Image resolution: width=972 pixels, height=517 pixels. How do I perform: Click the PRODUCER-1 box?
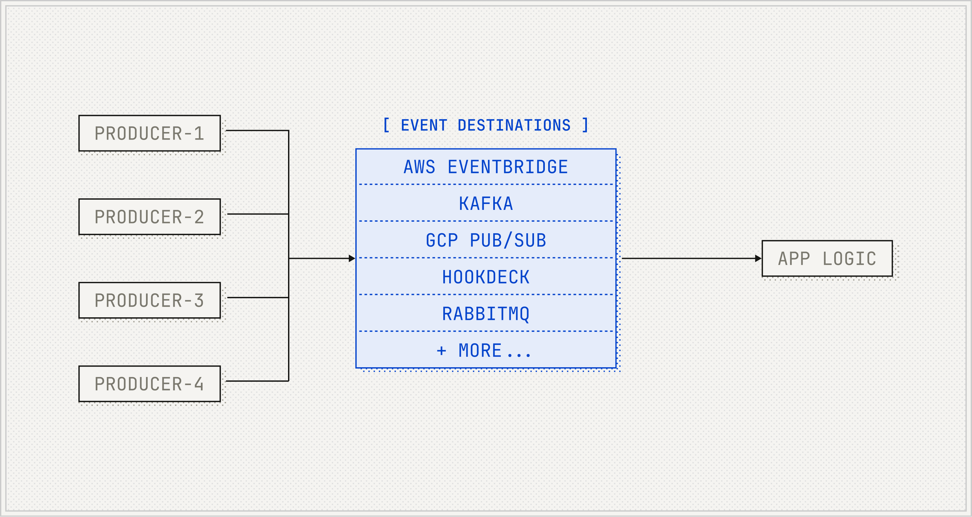(x=149, y=134)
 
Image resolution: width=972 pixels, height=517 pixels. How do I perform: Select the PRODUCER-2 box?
(x=149, y=217)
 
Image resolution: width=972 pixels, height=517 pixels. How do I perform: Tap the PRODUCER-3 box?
(x=149, y=301)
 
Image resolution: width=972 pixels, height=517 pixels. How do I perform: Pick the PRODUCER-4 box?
(x=149, y=384)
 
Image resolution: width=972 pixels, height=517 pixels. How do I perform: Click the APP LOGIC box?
(x=827, y=258)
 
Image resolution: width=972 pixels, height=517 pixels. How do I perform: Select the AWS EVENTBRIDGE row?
(x=486, y=167)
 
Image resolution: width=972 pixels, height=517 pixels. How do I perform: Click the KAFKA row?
(x=486, y=204)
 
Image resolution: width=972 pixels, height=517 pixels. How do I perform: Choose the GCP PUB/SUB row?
(x=486, y=241)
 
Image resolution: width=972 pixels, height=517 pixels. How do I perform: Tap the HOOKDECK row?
(x=486, y=277)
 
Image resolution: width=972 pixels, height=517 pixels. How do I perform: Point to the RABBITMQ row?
(x=486, y=314)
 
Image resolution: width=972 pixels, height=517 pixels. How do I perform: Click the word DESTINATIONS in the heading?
(x=514, y=125)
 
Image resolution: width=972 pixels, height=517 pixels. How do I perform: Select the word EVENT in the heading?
(x=424, y=125)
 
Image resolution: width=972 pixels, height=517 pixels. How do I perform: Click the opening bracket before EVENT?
(x=386, y=125)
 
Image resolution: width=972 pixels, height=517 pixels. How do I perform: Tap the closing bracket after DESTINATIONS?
(x=585, y=125)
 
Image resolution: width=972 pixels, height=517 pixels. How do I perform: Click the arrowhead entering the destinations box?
(x=352, y=258)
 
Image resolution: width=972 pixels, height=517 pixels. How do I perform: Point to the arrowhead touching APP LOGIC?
(x=758, y=258)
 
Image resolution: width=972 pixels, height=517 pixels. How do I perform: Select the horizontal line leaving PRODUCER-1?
(x=256, y=130)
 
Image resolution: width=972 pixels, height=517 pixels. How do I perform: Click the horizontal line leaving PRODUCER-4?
(x=256, y=381)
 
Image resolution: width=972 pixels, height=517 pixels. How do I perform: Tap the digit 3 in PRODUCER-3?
(x=199, y=301)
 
